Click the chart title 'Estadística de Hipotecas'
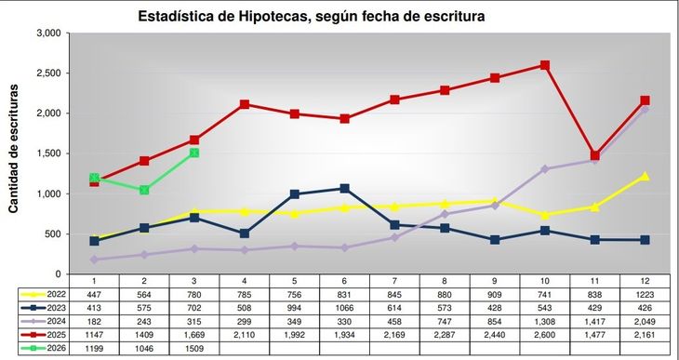pos(312,16)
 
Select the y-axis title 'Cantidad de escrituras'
pos(14,153)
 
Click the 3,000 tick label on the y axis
pos(48,33)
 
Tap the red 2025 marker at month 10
pos(544,65)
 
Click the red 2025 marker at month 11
pos(595,155)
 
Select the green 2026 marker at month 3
pos(194,153)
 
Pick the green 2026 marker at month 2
pos(144,190)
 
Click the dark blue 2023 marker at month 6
pos(344,189)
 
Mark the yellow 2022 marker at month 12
pos(645,176)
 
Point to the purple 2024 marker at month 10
pos(544,169)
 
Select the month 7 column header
pos(394,279)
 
